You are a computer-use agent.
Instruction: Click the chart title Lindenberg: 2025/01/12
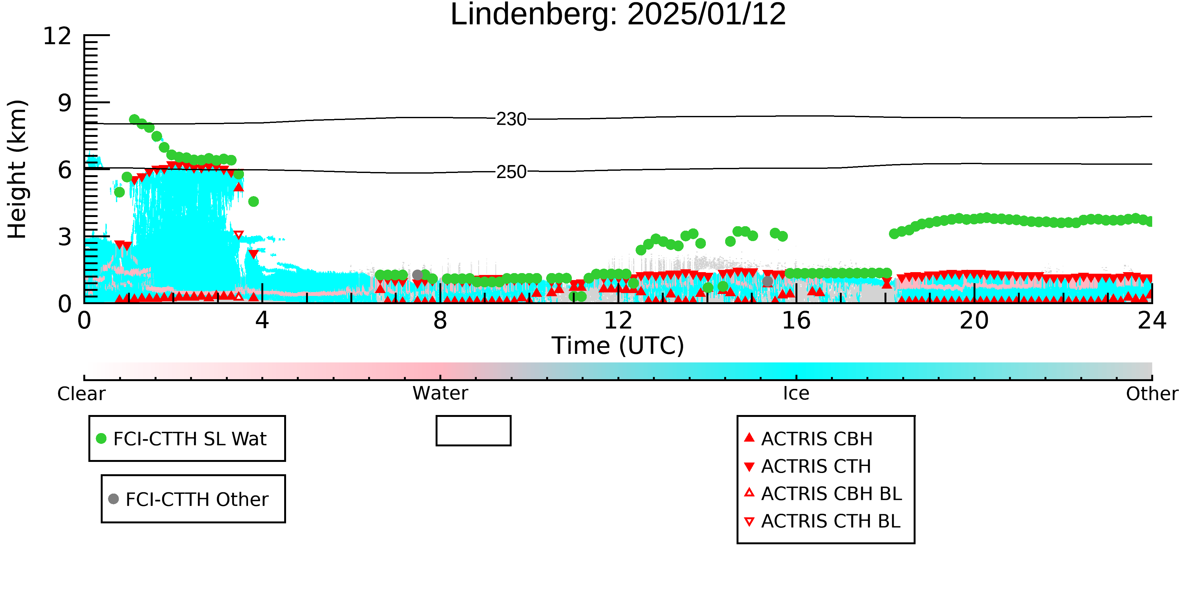click(618, 15)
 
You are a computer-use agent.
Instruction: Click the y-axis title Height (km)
click(17, 169)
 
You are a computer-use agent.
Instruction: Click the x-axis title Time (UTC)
click(618, 346)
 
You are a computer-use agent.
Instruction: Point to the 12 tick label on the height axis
click(57, 36)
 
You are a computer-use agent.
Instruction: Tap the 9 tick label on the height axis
click(65, 103)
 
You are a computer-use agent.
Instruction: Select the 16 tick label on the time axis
click(796, 321)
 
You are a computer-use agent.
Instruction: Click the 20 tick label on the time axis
click(974, 321)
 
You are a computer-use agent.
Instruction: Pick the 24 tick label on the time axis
click(1152, 321)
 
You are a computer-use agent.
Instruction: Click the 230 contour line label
click(511, 119)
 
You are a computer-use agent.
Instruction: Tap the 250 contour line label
click(511, 172)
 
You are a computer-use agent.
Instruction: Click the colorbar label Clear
click(81, 394)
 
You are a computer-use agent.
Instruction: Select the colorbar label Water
click(440, 393)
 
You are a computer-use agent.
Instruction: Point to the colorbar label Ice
click(796, 393)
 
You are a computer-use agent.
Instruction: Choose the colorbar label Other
click(1152, 394)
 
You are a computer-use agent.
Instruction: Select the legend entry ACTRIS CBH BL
click(823, 494)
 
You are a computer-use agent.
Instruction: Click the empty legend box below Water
click(474, 417)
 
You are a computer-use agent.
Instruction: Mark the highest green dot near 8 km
click(134, 119)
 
